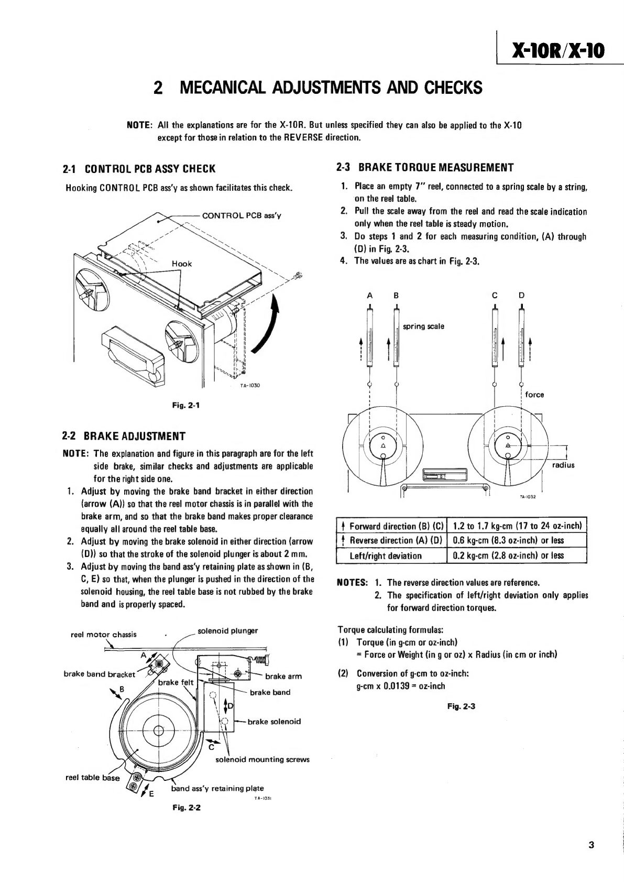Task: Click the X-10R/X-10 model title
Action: [x=558, y=51]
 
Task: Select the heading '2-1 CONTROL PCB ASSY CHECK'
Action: [x=139, y=169]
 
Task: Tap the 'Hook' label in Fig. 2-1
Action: [x=182, y=264]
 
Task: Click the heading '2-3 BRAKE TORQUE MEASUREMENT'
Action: [x=425, y=168]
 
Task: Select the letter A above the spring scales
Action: [x=370, y=296]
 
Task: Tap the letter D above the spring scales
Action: [x=521, y=296]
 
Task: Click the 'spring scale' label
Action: [x=423, y=326]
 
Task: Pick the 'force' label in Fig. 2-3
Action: [x=534, y=395]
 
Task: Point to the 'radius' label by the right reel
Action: [x=563, y=465]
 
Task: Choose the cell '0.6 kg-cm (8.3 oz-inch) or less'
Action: [x=509, y=540]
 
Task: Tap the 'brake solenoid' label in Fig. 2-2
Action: [x=274, y=722]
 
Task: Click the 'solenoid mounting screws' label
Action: [x=262, y=759]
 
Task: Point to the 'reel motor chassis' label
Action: [x=104, y=635]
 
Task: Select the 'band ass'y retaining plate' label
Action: [x=217, y=788]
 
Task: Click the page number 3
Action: [x=591, y=845]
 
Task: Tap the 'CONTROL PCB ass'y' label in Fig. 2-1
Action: [x=242, y=215]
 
